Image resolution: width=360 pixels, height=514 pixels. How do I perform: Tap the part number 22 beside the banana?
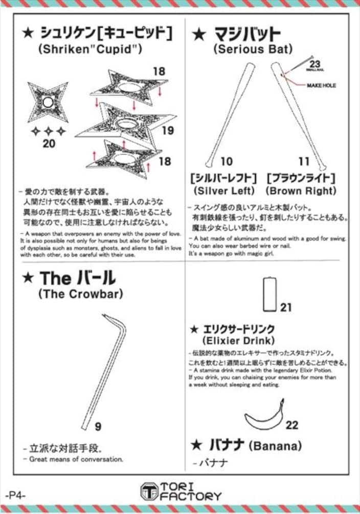(x=292, y=425)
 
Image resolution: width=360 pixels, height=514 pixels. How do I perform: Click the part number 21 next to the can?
(x=286, y=307)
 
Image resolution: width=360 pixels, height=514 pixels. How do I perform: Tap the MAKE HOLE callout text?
(x=321, y=85)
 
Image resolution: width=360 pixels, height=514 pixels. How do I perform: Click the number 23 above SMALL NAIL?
(x=315, y=63)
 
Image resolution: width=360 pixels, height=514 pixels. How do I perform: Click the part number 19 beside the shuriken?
(x=167, y=130)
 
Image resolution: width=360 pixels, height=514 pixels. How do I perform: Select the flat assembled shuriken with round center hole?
(x=48, y=102)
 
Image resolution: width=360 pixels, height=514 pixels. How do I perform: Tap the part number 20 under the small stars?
(x=49, y=144)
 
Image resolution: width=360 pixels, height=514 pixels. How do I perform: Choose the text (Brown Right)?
(x=301, y=191)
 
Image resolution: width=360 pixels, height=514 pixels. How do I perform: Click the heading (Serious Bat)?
(x=253, y=50)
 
